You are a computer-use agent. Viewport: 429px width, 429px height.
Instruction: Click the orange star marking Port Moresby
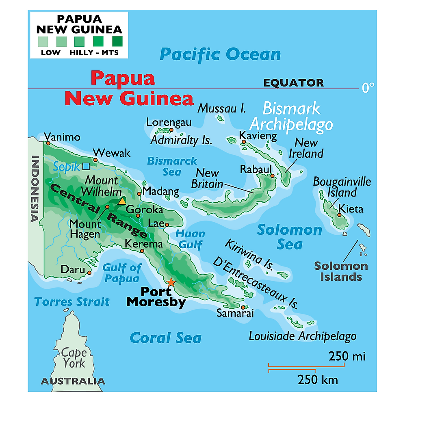click(x=171, y=282)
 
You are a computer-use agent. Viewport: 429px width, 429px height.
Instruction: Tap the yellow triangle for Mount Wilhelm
click(x=121, y=201)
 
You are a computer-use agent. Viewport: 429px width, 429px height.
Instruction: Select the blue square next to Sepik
click(x=86, y=166)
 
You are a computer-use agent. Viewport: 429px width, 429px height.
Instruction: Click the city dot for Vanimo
click(x=48, y=143)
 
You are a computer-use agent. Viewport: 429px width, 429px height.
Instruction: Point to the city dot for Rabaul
click(x=273, y=175)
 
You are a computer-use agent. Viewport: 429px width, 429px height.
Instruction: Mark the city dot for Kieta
click(x=339, y=214)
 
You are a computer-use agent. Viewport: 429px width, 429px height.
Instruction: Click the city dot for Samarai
click(x=243, y=307)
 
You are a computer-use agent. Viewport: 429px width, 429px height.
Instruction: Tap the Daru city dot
click(x=89, y=273)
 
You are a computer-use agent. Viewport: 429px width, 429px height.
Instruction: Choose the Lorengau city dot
click(x=171, y=130)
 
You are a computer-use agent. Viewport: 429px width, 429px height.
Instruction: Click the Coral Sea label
click(x=165, y=338)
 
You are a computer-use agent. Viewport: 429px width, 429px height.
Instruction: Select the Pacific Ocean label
click(x=220, y=54)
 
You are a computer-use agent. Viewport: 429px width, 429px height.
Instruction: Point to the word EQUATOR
click(x=293, y=83)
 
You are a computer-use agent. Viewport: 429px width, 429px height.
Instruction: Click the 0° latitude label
click(x=368, y=88)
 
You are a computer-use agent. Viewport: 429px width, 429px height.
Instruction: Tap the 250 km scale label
click(x=318, y=380)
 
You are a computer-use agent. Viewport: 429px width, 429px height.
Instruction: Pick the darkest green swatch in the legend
click(x=117, y=41)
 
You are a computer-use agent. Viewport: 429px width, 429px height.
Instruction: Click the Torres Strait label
click(x=72, y=302)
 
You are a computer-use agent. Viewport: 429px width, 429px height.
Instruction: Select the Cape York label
click(x=74, y=357)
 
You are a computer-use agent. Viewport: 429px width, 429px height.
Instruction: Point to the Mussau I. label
click(x=222, y=108)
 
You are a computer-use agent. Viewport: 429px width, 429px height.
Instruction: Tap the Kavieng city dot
click(x=244, y=142)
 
